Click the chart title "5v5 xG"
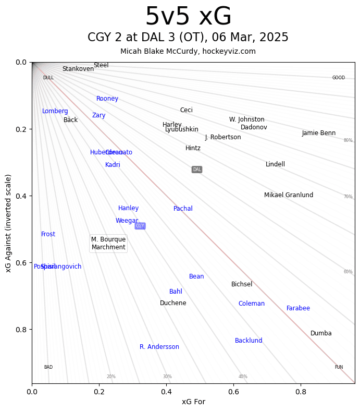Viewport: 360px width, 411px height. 188,17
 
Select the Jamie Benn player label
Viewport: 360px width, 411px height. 319,133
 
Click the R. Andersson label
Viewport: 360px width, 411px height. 159,347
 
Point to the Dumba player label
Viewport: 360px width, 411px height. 321,333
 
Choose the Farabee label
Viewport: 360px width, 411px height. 298,308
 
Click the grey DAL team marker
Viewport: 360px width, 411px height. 197,170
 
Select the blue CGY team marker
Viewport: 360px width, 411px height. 140,226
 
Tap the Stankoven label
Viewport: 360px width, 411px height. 78,69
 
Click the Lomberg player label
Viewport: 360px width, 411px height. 55,111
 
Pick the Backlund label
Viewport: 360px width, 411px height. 249,341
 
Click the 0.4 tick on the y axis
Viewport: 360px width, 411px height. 21,196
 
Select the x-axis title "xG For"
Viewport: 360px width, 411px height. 193,402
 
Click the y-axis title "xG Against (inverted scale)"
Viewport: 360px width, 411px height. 8,223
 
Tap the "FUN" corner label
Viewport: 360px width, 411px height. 339,367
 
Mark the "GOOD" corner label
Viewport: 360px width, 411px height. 339,78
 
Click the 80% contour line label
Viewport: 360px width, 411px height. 348,140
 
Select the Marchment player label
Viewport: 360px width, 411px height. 108,247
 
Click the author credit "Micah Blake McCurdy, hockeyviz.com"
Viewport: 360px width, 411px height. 188,51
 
